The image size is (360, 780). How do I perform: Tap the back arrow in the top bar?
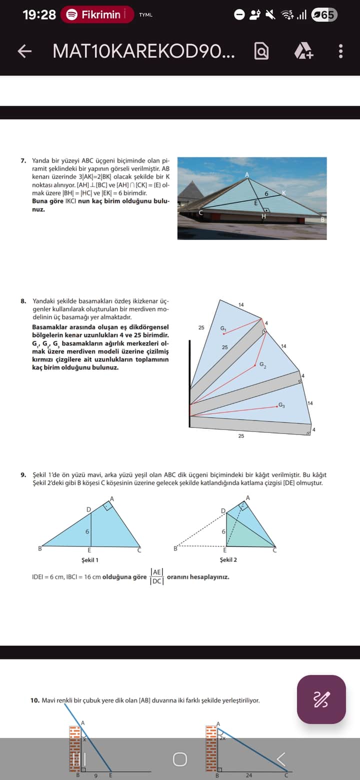click(24, 51)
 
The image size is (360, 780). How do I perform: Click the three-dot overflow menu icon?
click(340, 51)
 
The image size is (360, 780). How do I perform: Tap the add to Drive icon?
click(303, 51)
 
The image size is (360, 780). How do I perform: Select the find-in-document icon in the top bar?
click(261, 51)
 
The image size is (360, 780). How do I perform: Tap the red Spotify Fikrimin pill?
click(97, 14)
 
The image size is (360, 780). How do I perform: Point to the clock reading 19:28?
click(39, 14)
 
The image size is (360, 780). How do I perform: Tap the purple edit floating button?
click(321, 699)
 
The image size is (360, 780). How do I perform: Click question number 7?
click(23, 161)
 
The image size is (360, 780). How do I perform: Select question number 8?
click(23, 301)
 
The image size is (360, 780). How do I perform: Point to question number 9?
click(23, 474)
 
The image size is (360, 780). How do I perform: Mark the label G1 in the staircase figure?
click(223, 328)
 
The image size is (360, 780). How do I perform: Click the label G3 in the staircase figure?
click(281, 404)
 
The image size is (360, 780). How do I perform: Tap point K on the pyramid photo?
click(283, 192)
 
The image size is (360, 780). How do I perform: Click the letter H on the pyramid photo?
click(264, 216)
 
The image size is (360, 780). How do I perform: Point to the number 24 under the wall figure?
click(248, 775)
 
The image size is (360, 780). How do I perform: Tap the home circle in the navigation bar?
click(180, 759)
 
